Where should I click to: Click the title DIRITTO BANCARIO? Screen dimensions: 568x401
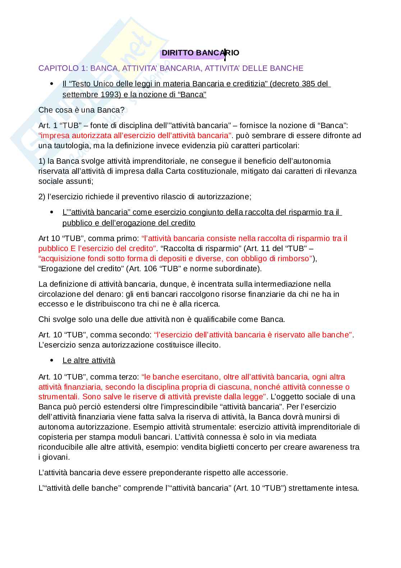pos(200,53)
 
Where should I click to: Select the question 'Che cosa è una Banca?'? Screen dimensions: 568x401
pos(81,110)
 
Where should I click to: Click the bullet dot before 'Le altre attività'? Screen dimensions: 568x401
pos(52,360)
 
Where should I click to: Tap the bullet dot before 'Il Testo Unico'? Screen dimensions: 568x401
pos(52,84)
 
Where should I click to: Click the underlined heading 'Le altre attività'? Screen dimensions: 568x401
pos(89,360)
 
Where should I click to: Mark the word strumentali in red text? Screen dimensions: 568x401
pos(58,397)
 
